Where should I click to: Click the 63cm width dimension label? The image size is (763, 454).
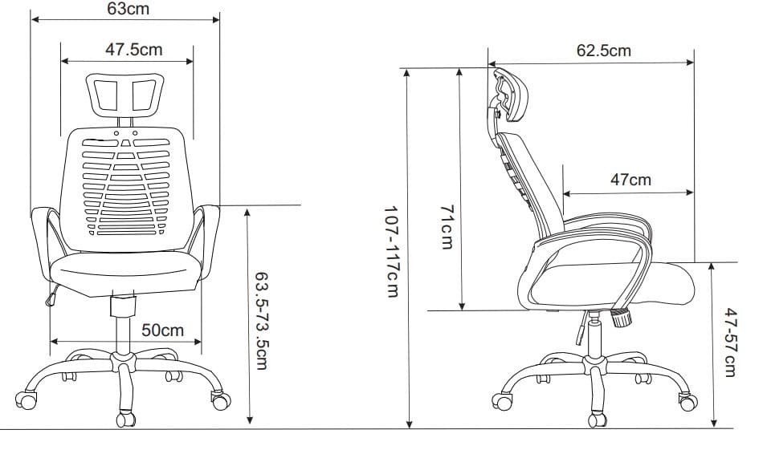(128, 9)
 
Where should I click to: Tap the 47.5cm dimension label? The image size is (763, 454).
(133, 50)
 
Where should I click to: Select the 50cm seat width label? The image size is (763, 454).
(162, 330)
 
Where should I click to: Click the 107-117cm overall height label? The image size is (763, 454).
(391, 251)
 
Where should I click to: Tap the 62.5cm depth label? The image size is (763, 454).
(603, 51)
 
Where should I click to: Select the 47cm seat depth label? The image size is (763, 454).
(630, 180)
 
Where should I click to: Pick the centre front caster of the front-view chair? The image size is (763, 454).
(126, 418)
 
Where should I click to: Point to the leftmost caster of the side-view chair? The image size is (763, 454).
(504, 401)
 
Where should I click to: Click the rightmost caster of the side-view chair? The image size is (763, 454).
(688, 402)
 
